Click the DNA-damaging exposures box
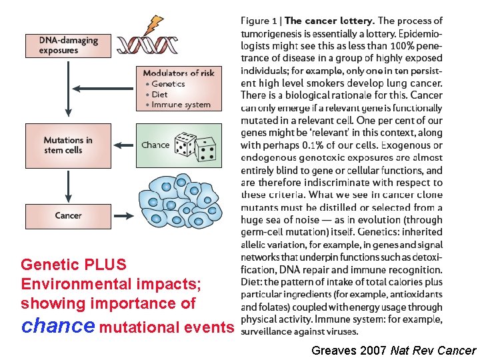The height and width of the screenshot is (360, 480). point(67,45)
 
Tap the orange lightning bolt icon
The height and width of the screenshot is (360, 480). point(155,25)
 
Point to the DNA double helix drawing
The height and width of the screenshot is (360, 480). point(147,45)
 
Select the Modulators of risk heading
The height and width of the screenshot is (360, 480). point(179,73)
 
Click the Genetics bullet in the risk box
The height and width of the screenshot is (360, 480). point(167,84)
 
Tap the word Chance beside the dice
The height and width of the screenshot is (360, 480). point(155,145)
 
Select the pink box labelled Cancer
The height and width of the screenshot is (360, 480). point(68,216)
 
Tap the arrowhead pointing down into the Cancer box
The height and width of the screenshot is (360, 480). point(67,198)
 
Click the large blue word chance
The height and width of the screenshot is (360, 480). point(58,327)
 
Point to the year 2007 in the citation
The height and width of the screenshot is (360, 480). point(372,351)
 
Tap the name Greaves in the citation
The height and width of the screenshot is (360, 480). point(333,351)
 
